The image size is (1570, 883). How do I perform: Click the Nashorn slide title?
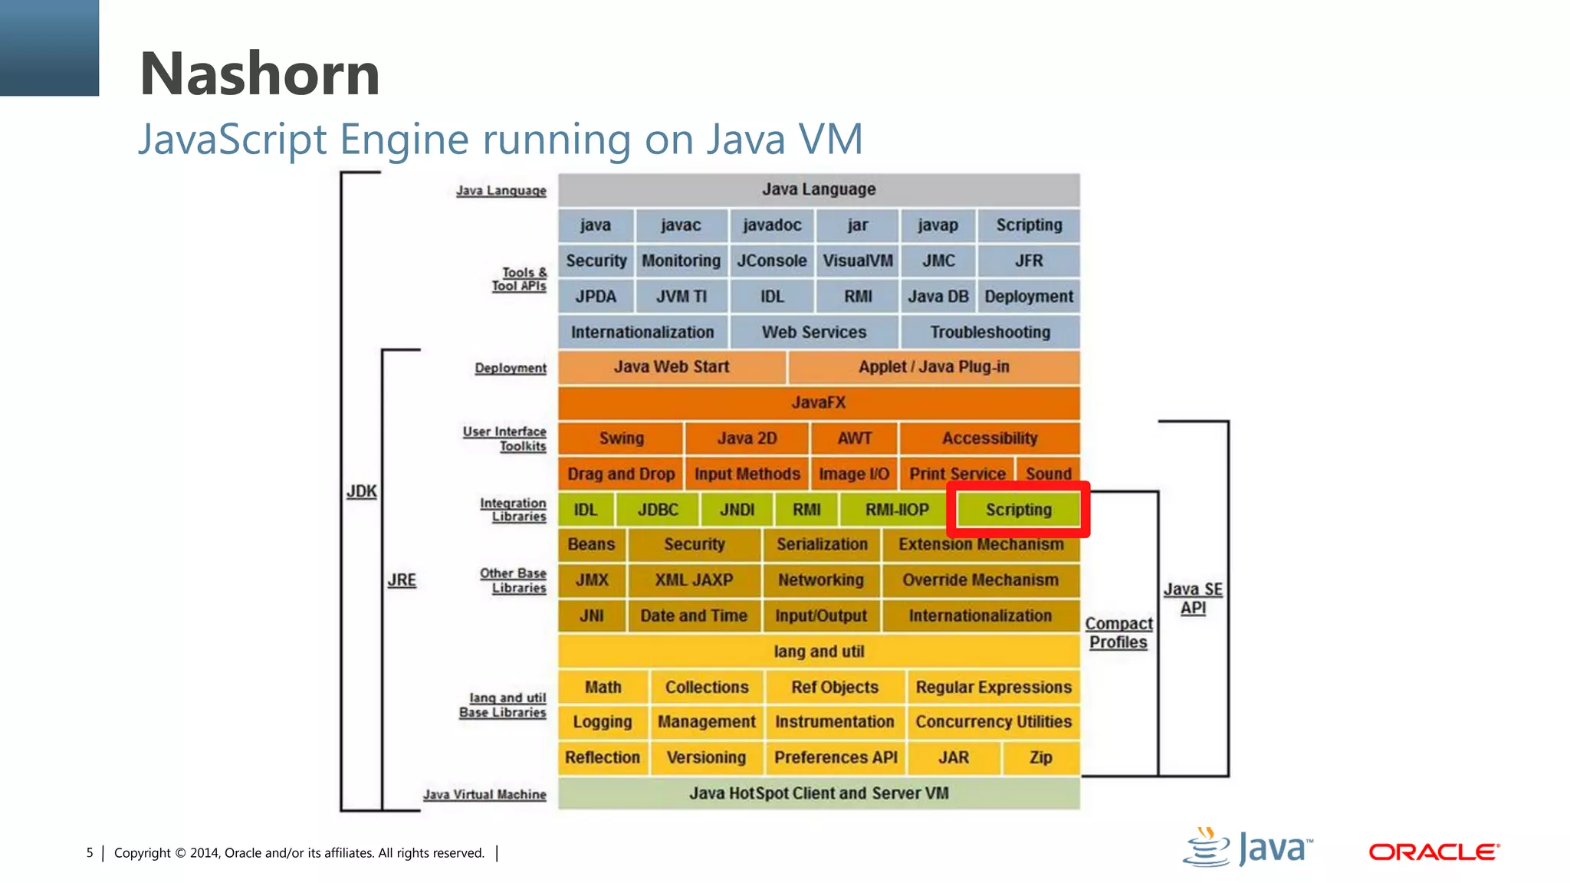260,74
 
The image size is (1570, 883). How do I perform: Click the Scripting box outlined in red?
1018,510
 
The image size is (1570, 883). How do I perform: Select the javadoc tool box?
772,225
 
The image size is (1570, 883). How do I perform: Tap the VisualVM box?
858,261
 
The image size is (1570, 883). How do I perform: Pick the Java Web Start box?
672,367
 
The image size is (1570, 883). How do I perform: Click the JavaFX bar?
819,402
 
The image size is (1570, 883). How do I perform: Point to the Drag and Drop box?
621,474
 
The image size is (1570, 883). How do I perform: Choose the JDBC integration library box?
658,510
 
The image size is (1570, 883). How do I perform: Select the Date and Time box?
694,615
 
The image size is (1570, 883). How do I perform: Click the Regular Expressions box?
994,687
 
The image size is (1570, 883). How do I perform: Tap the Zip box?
1040,757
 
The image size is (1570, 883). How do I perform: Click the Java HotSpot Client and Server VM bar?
819,793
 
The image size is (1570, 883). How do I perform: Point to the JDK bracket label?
361,491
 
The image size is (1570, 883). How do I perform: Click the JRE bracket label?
402,580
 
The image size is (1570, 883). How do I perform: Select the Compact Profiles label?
1118,633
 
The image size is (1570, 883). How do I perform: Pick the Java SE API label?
1193,599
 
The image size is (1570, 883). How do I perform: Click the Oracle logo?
1434,852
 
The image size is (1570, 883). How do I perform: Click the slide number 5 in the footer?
90,853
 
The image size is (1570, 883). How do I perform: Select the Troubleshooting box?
990,332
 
